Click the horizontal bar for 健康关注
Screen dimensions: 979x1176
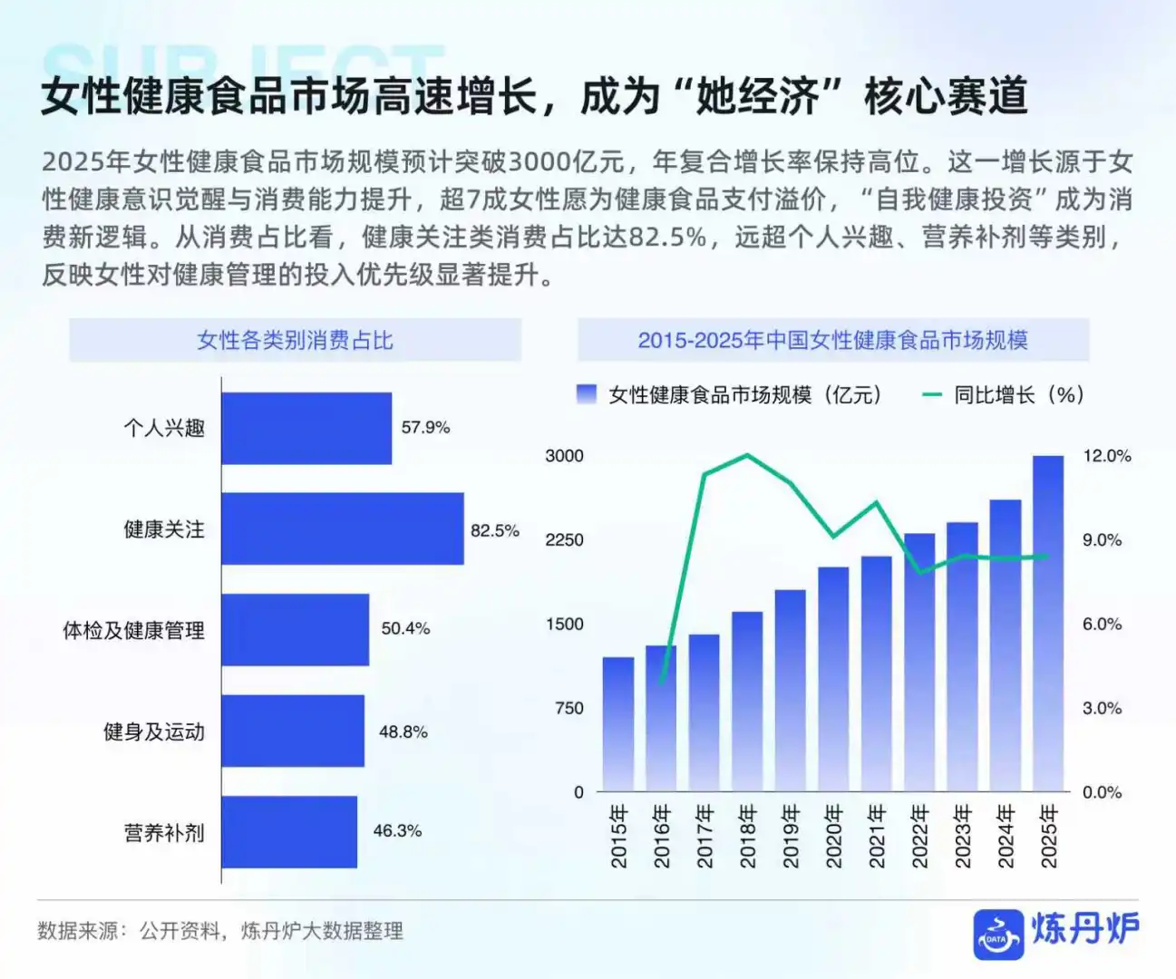342,528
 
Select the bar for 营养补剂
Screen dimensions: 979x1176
288,831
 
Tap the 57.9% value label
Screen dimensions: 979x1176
425,427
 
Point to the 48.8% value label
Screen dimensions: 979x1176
403,732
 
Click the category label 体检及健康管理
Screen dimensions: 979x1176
133,630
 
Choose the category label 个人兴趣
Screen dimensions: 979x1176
164,428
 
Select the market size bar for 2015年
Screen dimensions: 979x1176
618,724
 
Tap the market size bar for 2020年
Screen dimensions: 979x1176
833,679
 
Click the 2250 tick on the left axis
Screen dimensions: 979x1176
564,540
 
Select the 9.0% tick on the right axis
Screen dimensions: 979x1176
1102,540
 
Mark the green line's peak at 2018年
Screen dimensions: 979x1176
746,455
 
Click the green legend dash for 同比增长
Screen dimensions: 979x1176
932,394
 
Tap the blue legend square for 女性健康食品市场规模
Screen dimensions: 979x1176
587,394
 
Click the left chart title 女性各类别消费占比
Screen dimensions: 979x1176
295,340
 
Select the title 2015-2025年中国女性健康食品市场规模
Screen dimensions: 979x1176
832,340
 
